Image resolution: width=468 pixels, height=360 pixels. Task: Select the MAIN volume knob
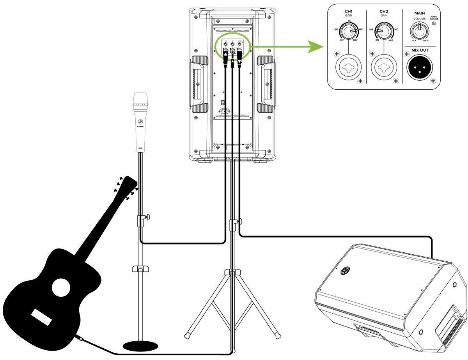coord(419,30)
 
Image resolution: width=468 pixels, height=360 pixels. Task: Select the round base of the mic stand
coord(140,345)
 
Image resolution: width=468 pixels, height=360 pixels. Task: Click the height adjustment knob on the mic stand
coord(149,217)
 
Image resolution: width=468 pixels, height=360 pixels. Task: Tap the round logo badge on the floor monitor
coord(345,271)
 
